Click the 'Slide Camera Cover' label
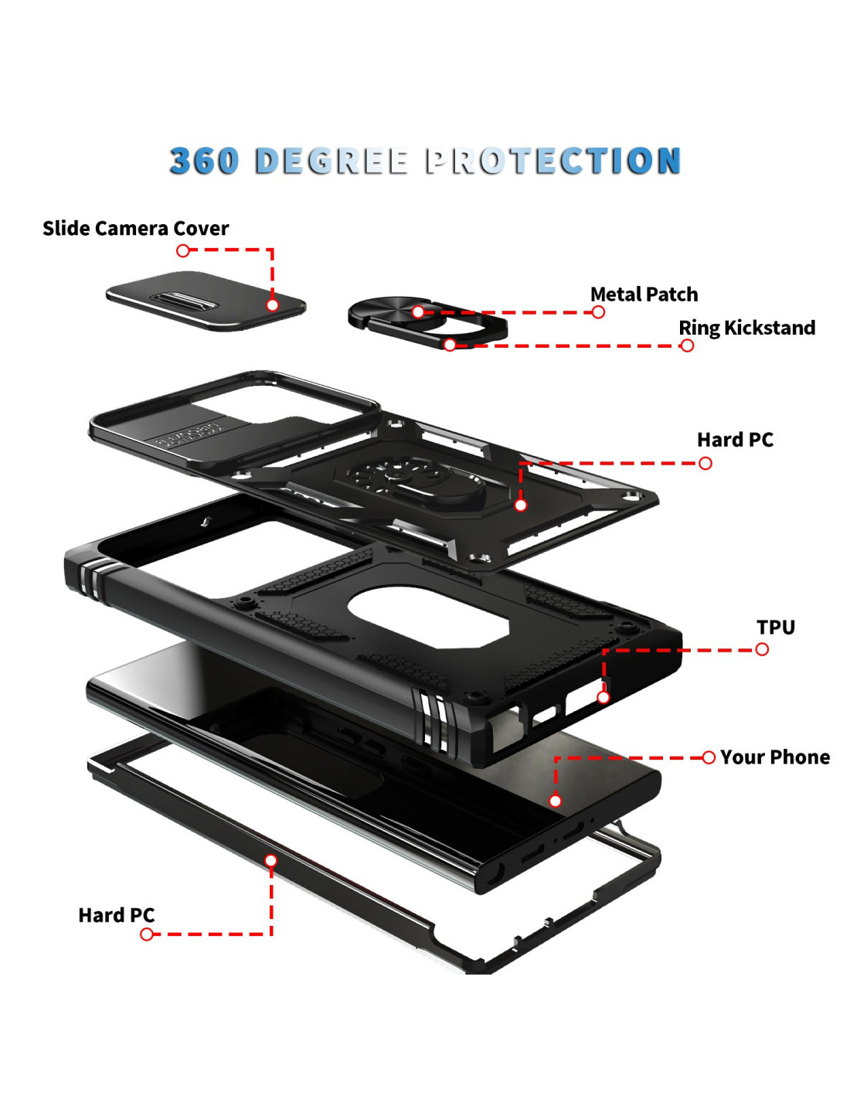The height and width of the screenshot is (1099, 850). coord(135,229)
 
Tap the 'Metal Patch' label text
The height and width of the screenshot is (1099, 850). coord(644,294)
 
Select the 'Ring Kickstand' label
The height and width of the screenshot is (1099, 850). coord(746,328)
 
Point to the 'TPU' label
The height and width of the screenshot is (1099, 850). coord(776,627)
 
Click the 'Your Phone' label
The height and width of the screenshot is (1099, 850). coord(775,757)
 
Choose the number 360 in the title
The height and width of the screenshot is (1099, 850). coord(204,161)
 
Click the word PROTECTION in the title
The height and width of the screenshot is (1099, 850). coord(553,161)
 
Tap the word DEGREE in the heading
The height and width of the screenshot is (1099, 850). coord(331,161)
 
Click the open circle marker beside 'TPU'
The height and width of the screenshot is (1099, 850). coord(761,649)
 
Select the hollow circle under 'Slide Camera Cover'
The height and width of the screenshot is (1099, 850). coord(183,250)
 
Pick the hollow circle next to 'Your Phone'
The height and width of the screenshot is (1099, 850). coord(709,757)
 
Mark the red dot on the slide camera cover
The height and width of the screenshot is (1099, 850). coord(272,305)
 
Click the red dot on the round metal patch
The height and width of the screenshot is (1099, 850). coord(418,312)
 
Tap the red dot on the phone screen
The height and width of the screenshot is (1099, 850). coord(556,801)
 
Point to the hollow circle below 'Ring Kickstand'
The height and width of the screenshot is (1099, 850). coord(687,345)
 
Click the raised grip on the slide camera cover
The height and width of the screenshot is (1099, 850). coord(185,300)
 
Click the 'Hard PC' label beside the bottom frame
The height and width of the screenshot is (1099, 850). coord(117,915)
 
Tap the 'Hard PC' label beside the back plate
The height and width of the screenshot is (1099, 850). coord(735,440)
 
